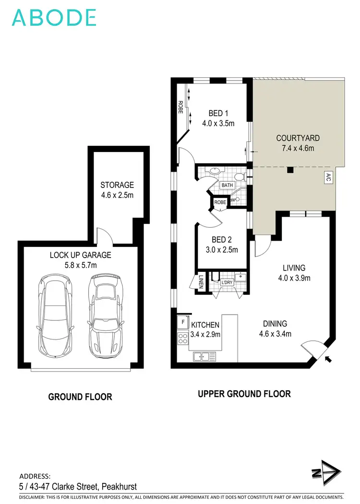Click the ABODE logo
tap(54, 17)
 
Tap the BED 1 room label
tap(218, 114)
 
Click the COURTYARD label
tap(298, 138)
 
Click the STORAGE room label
tap(117, 185)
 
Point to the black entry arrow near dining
tap(328, 359)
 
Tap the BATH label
tap(227, 185)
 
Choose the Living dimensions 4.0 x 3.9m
tap(294, 278)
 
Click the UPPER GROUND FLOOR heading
tap(244, 394)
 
